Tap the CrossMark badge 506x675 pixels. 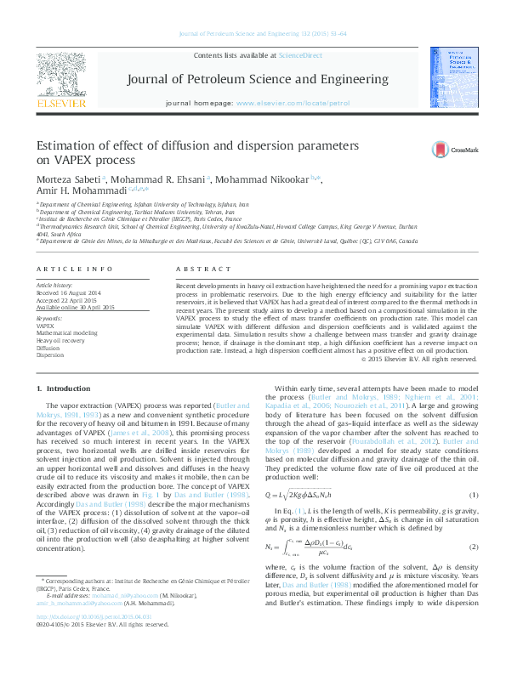[456, 150]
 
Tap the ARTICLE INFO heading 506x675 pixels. [69, 269]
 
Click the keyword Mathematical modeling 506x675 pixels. [67, 333]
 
